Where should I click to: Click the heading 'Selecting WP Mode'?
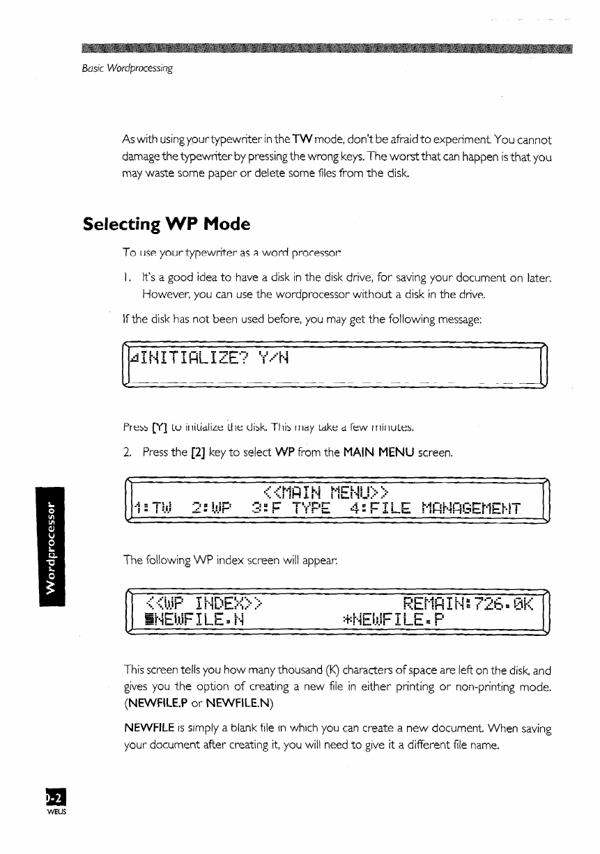[166, 225]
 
